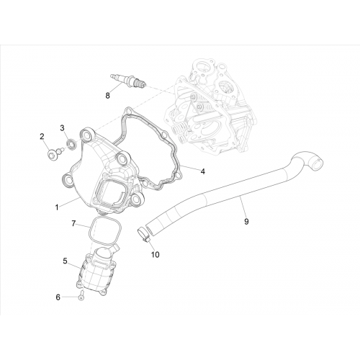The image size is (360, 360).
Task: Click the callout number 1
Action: pos(57,207)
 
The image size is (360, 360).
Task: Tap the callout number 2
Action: pos(42,137)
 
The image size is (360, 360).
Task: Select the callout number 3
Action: pos(62,128)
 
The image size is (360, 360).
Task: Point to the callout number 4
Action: pos(203,171)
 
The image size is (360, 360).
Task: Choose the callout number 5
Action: pos(65,261)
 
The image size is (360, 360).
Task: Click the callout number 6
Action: pos(58,297)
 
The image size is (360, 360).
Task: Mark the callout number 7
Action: pos(73,224)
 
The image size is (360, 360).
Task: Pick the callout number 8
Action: pos(107,96)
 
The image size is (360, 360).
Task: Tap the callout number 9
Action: pos(246,222)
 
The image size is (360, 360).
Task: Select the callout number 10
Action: pos(156,255)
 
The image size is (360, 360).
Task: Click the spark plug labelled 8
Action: pos(128,81)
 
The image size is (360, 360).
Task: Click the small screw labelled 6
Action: pos(80,294)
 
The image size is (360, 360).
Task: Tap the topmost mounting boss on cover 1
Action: pos(86,135)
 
